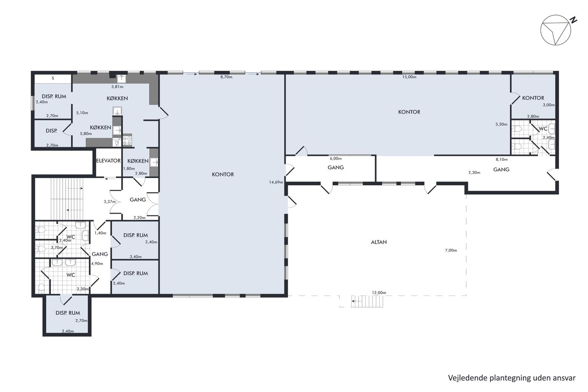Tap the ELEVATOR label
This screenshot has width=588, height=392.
[108, 160]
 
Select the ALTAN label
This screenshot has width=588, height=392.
[379, 242]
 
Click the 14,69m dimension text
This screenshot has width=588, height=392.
[276, 182]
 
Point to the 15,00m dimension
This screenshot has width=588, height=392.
[409, 77]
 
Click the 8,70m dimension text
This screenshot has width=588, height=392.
[226, 77]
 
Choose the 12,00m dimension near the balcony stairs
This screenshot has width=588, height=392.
[379, 292]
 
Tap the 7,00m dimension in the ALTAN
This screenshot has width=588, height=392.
[451, 250]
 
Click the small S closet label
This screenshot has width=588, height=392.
[53, 78]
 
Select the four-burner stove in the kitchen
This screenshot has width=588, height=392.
[127, 139]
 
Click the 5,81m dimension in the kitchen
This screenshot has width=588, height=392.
[117, 87]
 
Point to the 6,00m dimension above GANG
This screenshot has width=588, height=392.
[336, 158]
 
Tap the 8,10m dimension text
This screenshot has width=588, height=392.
[501, 159]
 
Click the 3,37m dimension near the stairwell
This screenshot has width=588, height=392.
[110, 202]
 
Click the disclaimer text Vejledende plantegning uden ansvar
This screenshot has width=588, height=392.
[512, 378]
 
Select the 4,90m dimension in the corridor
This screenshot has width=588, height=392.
[97, 263]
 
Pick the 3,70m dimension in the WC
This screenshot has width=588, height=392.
[57, 247]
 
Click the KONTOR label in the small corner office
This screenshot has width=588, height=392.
[533, 98]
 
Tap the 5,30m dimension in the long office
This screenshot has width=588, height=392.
[501, 124]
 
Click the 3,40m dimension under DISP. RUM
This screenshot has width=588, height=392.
[136, 257]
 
